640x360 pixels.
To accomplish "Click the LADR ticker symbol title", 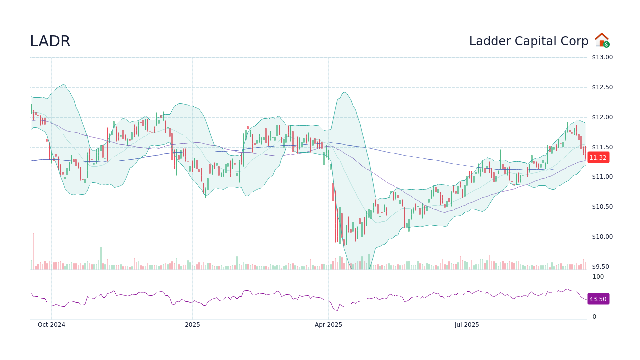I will click(x=50, y=41).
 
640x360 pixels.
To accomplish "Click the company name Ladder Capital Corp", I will click(x=528, y=41).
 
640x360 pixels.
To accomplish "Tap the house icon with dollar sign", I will click(x=602, y=40).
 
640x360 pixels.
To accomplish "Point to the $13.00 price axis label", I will click(x=602, y=57).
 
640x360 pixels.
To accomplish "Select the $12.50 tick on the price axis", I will click(x=602, y=87).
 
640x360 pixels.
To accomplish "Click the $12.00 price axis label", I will click(x=602, y=117).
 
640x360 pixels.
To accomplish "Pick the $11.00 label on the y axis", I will click(x=602, y=177).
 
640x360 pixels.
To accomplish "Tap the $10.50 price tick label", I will click(x=602, y=207).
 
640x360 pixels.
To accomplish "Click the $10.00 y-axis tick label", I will click(x=602, y=237).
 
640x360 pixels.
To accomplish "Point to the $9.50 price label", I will click(x=602, y=267).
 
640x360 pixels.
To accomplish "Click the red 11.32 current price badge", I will click(x=598, y=157).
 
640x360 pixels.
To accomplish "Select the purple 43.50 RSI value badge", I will click(x=598, y=299).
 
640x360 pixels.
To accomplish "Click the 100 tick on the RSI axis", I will click(x=598, y=277).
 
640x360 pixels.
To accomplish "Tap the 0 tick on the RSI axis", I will click(x=594, y=317).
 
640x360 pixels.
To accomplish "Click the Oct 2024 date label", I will click(x=51, y=325).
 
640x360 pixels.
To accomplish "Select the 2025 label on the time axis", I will click(x=192, y=325).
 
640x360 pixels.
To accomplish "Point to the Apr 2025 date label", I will click(x=328, y=325).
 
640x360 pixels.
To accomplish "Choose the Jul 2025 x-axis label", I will click(x=467, y=325).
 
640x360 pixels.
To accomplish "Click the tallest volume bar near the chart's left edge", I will click(x=34, y=251).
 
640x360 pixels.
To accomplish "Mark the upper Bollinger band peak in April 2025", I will click(x=345, y=92).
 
